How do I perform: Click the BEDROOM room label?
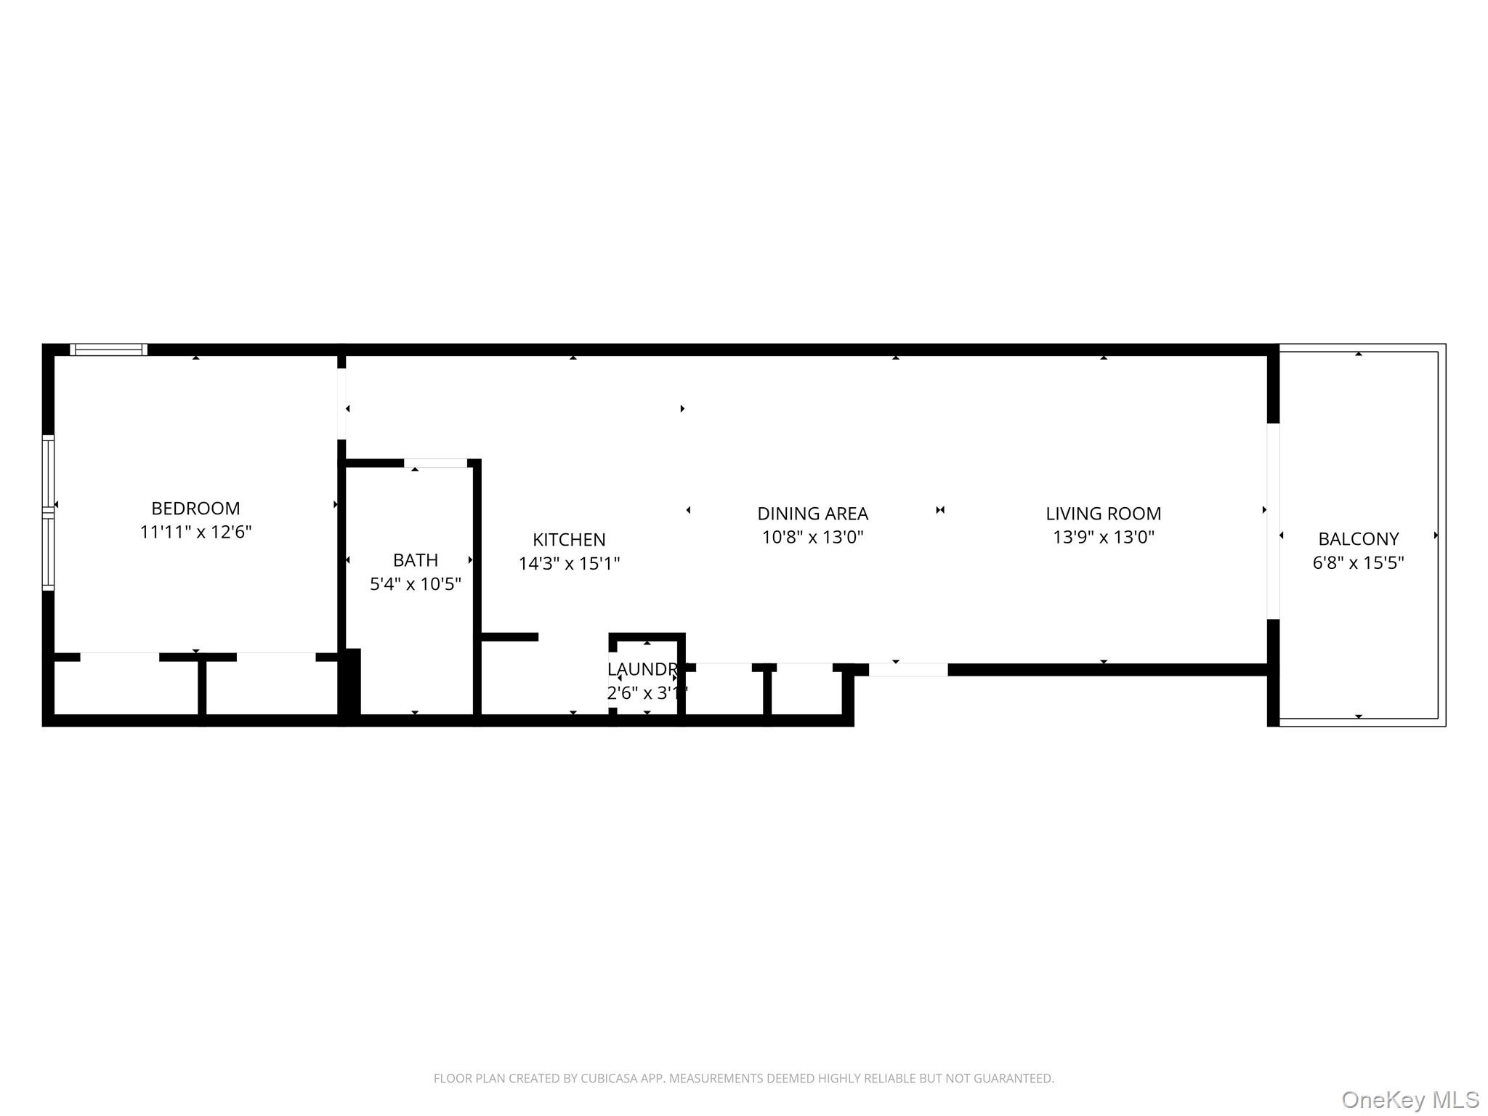pos(195,508)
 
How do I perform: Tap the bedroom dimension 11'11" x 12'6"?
pos(195,532)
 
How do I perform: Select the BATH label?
pos(415,560)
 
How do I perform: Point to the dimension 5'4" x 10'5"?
pos(415,583)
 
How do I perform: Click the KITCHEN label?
pos(569,540)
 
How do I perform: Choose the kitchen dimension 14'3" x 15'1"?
pos(569,563)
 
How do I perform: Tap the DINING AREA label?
pos(812,514)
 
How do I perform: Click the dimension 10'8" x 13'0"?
pos(812,537)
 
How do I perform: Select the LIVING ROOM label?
pos(1103,514)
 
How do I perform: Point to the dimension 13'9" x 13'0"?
pos(1103,537)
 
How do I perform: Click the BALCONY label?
pos(1358,539)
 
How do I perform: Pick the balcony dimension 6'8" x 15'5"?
pos(1358,562)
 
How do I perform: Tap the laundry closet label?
pos(642,669)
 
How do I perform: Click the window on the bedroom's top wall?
pos(109,350)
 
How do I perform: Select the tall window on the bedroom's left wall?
pos(48,512)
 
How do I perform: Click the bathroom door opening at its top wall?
pos(435,463)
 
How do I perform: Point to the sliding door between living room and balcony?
pos(1273,521)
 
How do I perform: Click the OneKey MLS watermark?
pos(1410,1099)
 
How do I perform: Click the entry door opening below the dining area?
pos(908,670)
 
